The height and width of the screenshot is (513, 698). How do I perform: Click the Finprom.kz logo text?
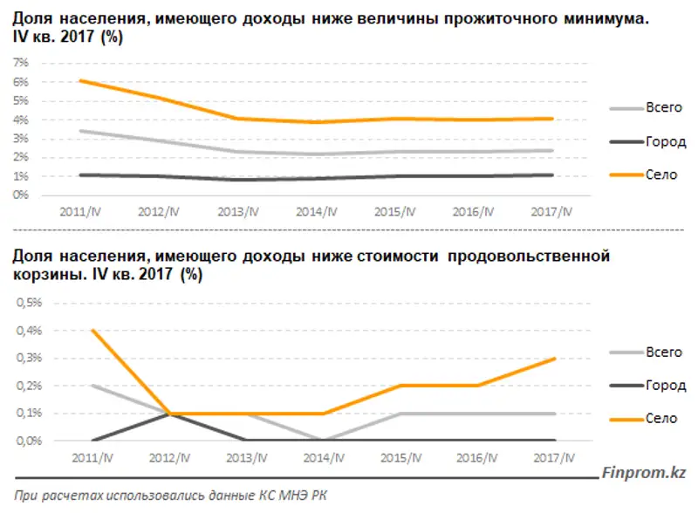click(x=643, y=473)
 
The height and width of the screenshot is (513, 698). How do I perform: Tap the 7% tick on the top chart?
click(x=21, y=63)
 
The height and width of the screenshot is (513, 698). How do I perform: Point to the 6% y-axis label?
click(x=21, y=82)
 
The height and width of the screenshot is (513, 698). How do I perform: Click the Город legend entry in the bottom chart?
click(x=666, y=385)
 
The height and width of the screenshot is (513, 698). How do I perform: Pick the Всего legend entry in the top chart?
click(x=663, y=107)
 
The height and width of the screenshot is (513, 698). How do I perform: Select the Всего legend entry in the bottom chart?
click(x=663, y=352)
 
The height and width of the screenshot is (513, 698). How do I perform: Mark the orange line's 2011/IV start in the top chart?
click(x=79, y=80)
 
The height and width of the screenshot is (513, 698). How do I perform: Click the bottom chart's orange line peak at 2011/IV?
click(x=92, y=330)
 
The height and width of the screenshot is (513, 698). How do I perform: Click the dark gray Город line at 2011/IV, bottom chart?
click(x=92, y=440)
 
